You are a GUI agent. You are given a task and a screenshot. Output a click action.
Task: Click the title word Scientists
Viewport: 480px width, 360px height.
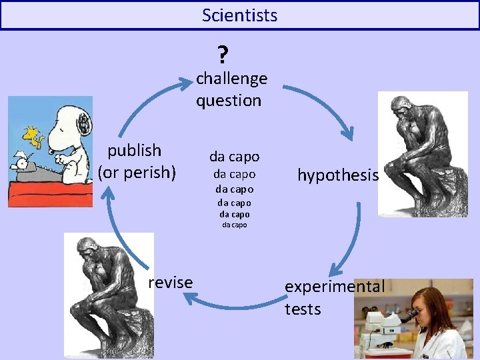pos(239,15)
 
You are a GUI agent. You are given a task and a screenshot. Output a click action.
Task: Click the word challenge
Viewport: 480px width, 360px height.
pos(231,79)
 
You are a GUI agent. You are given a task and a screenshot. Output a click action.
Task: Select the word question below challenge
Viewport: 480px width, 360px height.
pos(229,101)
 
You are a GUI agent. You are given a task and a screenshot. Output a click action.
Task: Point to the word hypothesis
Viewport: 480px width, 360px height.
pos(338,175)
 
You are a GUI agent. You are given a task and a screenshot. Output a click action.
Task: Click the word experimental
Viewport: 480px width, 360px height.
pos(335,287)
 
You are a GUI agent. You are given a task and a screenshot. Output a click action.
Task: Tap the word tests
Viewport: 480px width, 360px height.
pos(303,309)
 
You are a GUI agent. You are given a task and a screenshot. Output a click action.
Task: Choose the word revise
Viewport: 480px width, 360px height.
pos(171,283)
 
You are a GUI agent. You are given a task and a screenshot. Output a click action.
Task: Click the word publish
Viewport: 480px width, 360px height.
pos(135,150)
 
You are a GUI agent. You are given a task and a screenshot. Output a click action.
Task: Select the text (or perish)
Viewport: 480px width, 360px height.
pos(137,173)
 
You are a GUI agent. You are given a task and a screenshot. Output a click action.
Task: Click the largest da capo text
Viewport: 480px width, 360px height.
pos(235,157)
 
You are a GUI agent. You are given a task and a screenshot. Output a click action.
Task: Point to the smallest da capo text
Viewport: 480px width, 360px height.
pos(235,225)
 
